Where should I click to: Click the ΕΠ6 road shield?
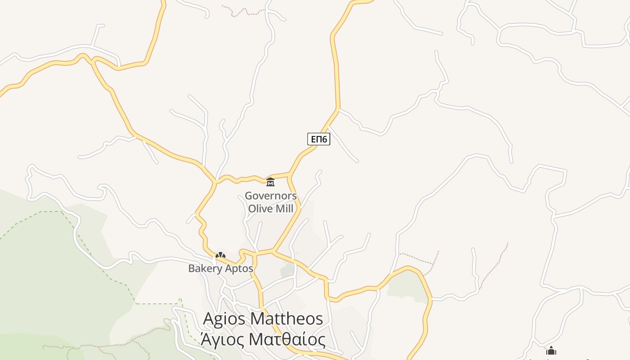click(319, 139)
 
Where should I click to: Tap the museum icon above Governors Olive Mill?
click(270, 182)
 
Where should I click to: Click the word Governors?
click(270, 196)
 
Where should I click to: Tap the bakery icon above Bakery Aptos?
click(220, 255)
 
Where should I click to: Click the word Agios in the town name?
click(224, 319)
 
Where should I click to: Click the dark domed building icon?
click(551, 351)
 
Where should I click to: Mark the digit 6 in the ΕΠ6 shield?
click(324, 139)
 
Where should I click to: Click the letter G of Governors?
click(248, 196)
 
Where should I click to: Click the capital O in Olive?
click(252, 209)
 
